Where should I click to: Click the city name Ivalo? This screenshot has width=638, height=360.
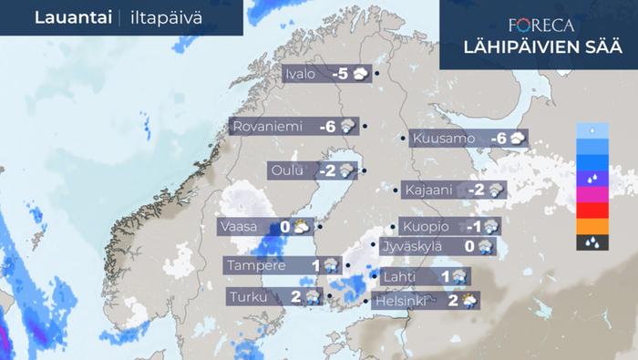[x=300, y=74]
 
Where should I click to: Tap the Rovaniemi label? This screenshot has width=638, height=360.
[x=268, y=127]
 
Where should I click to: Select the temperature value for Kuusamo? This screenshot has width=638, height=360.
[x=497, y=139]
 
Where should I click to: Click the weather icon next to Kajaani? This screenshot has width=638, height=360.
[x=496, y=190]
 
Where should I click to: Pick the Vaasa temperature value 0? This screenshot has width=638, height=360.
[x=284, y=226]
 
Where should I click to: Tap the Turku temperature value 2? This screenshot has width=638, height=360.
[x=296, y=297]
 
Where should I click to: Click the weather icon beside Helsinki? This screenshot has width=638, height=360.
[x=470, y=301]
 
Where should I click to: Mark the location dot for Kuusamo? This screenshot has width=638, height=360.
[x=404, y=139]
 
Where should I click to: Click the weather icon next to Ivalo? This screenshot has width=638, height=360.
[x=362, y=74]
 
